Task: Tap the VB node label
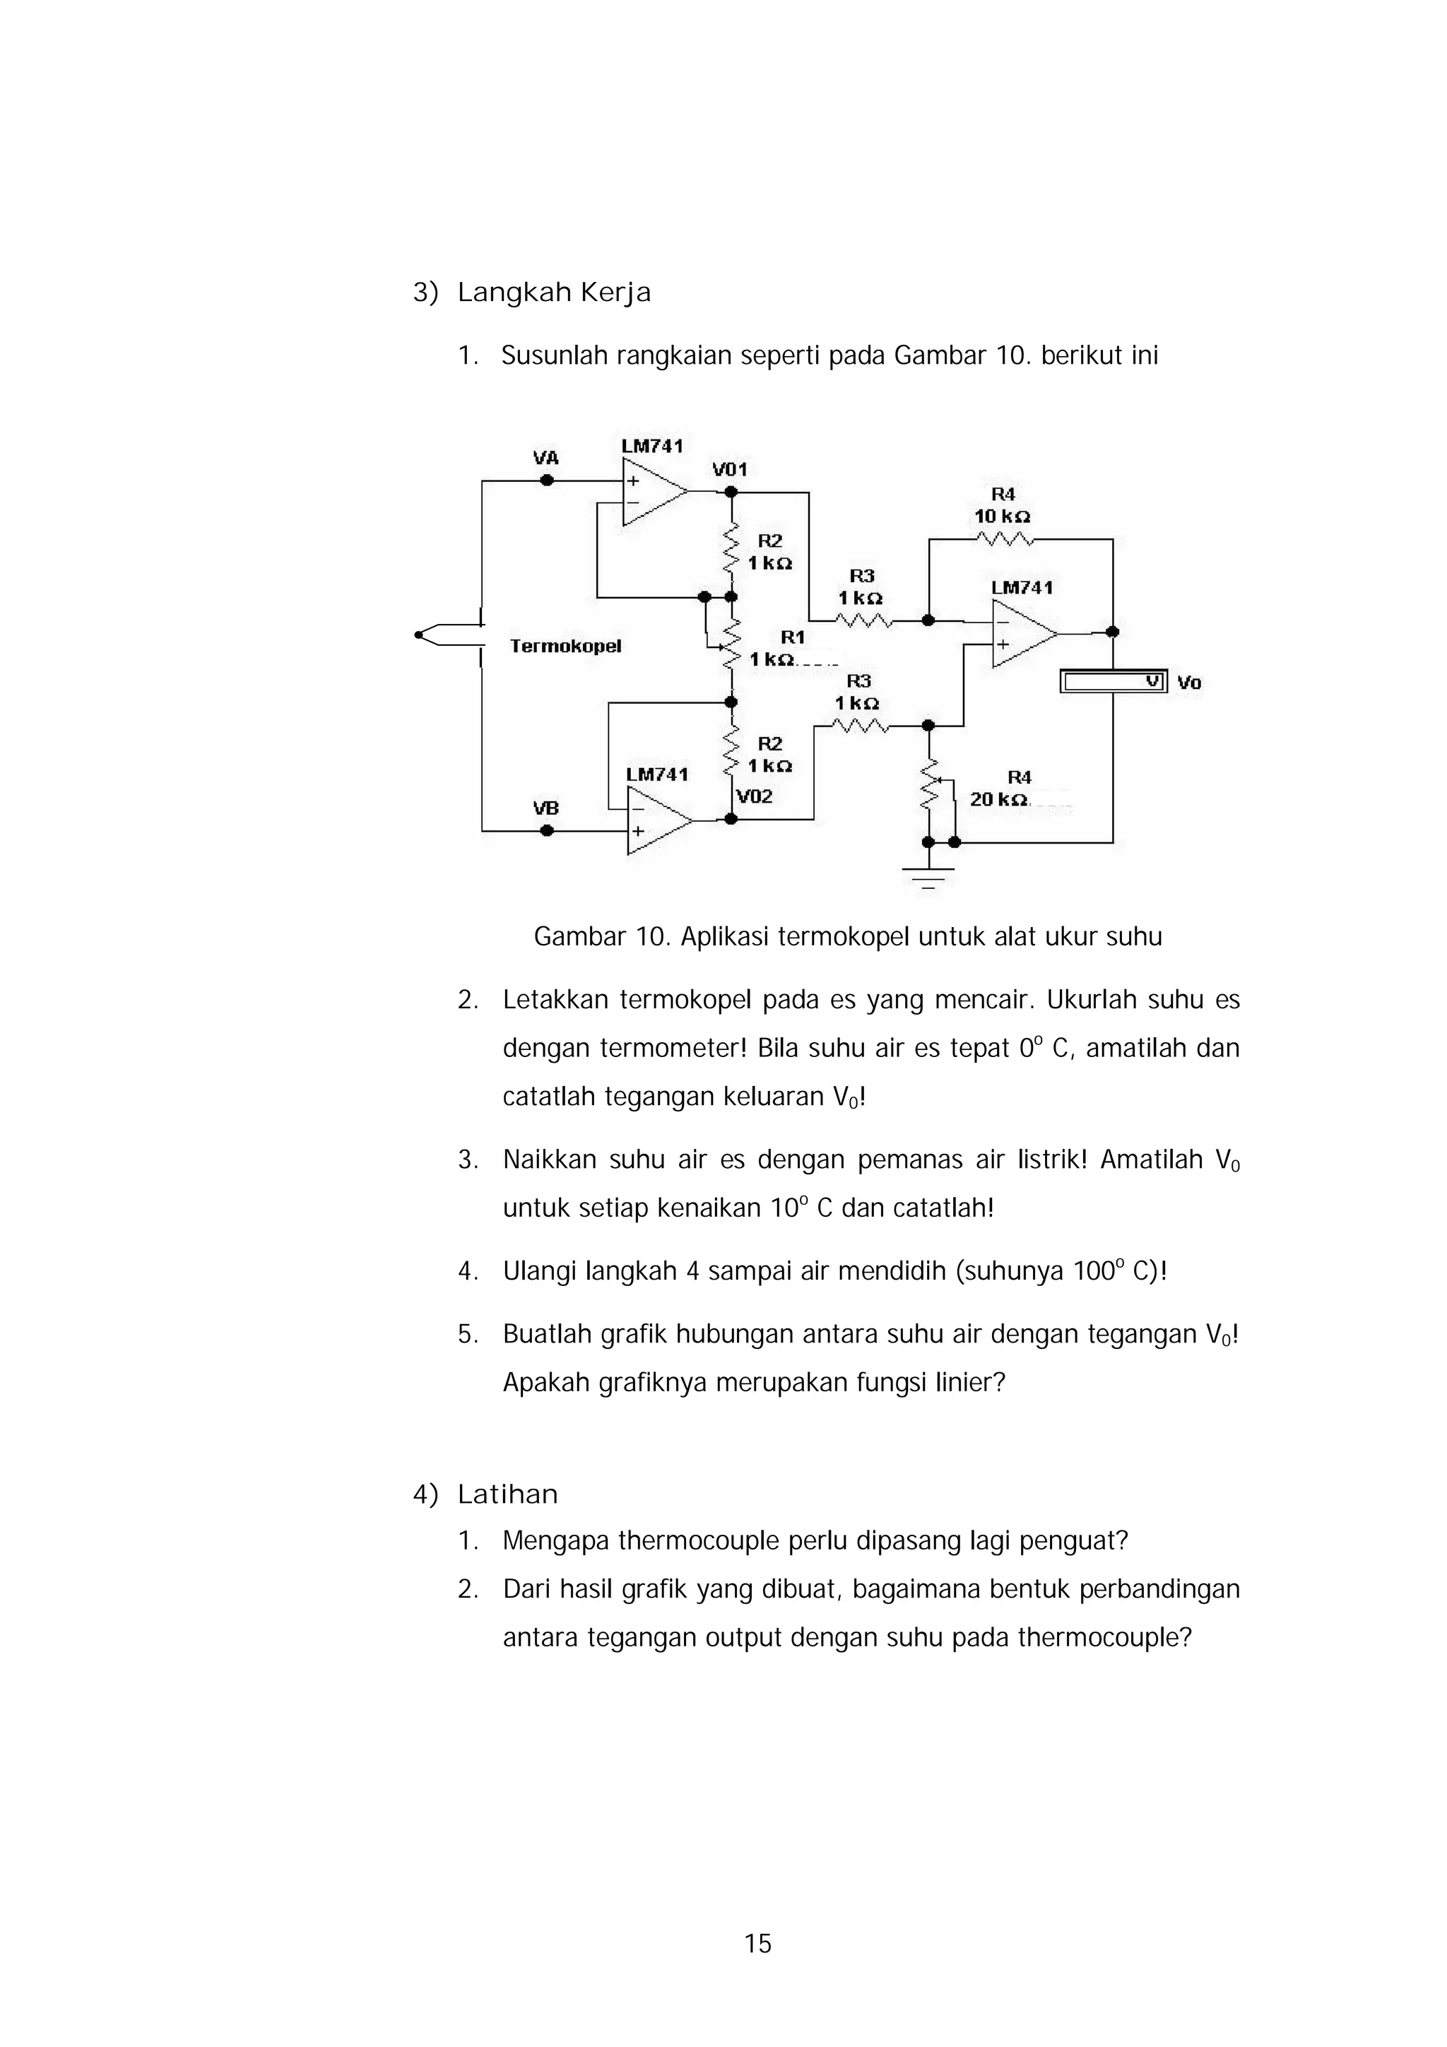[x=545, y=808]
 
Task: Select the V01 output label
[x=729, y=470]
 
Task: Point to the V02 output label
[x=755, y=796]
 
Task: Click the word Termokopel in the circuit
[x=565, y=647]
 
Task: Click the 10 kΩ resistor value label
[x=1002, y=517]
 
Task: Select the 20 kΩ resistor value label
[x=998, y=800]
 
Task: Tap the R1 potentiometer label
[x=793, y=637]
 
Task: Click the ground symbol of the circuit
[x=928, y=875]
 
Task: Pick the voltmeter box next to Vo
[x=1113, y=682]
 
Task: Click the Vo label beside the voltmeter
[x=1188, y=683]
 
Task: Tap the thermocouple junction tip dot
[x=418, y=635]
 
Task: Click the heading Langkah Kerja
[x=554, y=293]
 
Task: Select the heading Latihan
[x=507, y=1494]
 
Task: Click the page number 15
[x=758, y=1944]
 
